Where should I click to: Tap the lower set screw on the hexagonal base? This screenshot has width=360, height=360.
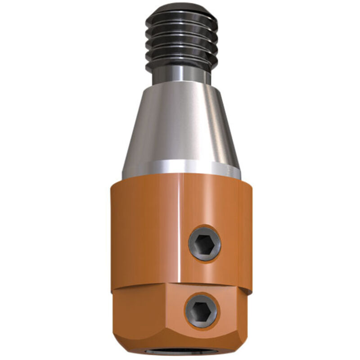click(x=201, y=311)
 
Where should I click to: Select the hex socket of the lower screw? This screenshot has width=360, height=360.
click(x=201, y=311)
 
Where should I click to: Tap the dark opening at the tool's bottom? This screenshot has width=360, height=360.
click(x=180, y=356)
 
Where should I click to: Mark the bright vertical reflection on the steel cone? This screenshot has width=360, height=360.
click(x=189, y=126)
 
